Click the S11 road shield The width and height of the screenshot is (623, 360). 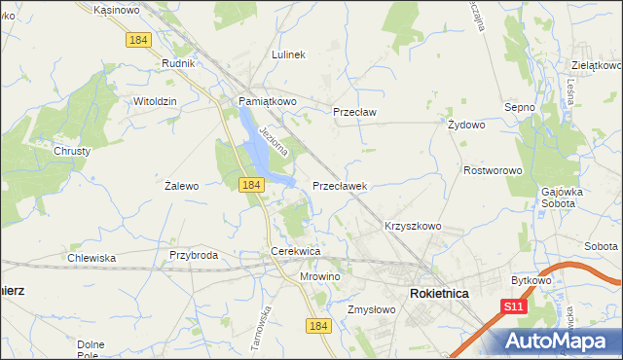tap(514, 306)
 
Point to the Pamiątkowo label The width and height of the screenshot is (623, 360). tap(268, 101)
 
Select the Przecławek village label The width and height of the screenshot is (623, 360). tap(339, 184)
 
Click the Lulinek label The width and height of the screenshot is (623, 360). tap(289, 55)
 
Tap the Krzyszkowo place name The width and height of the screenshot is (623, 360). tap(413, 226)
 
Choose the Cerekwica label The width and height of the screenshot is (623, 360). tap(296, 252)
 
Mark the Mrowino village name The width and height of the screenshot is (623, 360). tap(319, 276)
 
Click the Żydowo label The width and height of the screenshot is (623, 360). tap(466, 126)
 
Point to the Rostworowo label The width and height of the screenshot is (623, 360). tap(493, 170)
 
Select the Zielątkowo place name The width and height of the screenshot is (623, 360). tap(595, 65)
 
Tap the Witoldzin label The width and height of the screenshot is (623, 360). tap(154, 101)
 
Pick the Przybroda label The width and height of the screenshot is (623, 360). tap(193, 255)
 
